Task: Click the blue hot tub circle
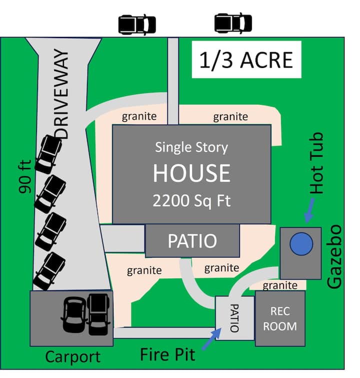301,244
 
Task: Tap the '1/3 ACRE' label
245,60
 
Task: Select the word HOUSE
191,173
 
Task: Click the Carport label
72,357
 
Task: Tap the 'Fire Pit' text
167,354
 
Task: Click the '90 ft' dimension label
25,176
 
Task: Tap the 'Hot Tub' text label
316,163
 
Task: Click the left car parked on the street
136,24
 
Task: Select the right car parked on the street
233,23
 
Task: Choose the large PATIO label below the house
192,241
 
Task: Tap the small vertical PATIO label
234,318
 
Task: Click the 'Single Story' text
191,148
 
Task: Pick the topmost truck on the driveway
49,151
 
